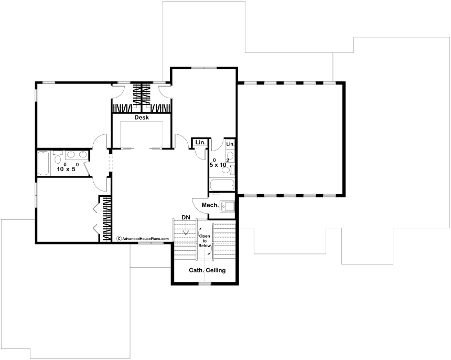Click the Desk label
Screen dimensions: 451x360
142,118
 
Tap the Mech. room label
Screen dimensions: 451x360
210,205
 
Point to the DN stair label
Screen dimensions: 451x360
185,217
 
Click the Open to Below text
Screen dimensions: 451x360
205,241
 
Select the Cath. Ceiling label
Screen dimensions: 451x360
207,270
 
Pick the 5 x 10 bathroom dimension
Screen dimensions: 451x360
219,163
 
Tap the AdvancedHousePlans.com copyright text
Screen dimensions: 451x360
143,239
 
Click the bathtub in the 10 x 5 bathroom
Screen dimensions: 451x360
44,163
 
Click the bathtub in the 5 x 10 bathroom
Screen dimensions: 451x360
221,185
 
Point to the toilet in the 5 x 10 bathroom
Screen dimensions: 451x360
228,170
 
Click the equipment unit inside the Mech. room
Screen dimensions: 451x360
227,206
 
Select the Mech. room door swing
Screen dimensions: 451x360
199,205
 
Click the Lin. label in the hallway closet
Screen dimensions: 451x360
200,142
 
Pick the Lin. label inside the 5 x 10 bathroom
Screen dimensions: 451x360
230,144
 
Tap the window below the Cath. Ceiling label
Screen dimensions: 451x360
205,284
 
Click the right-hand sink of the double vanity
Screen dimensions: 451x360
83,155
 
